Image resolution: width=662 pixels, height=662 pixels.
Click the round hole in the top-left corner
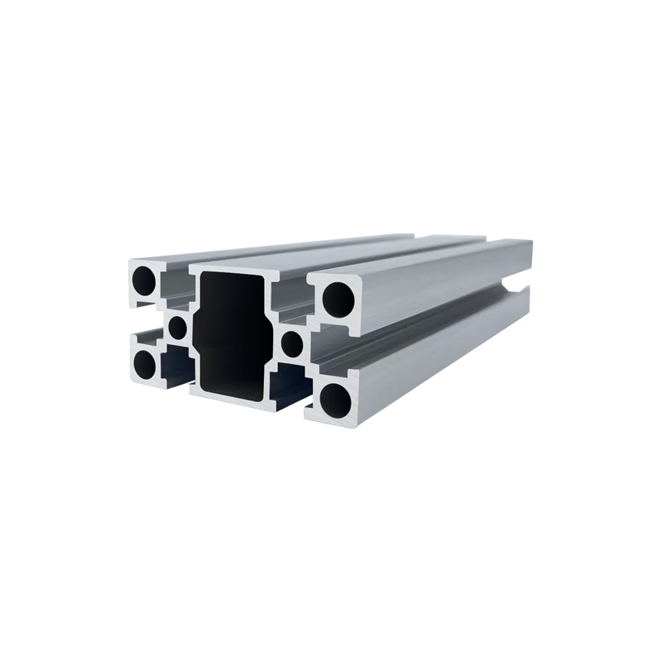pyautogui.click(x=146, y=281)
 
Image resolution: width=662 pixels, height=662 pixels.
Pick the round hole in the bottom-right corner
pyautogui.click(x=337, y=397)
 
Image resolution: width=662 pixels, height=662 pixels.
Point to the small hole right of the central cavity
pyautogui.click(x=291, y=342)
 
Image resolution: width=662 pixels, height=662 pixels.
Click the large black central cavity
pyautogui.click(x=232, y=331)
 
